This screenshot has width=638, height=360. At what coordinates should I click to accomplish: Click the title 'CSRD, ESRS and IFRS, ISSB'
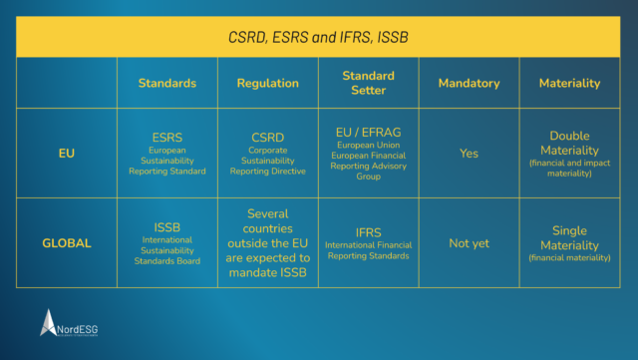coord(319,37)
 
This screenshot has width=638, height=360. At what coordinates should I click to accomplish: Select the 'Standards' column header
coord(166,84)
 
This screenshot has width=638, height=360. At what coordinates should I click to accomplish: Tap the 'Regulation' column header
coord(267,84)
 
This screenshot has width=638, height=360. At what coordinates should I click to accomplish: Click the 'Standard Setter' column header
coord(368,84)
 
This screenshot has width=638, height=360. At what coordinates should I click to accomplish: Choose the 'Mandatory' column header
coord(469,84)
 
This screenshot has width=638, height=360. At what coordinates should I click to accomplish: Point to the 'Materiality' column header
coord(569,84)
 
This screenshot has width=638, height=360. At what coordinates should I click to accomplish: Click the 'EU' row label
coord(67,154)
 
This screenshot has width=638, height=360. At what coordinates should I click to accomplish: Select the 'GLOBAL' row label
coord(67,242)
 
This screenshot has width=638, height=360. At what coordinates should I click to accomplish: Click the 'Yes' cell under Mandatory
coord(469,154)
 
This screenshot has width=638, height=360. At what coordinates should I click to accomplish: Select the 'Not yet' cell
coord(469,243)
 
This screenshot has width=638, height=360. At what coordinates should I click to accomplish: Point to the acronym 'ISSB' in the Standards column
coord(166,226)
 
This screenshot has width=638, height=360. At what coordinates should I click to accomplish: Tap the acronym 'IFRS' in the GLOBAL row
coord(368,231)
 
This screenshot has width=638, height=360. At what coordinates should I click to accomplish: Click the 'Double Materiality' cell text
coord(569,143)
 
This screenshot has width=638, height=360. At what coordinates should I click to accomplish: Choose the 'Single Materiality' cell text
coord(569,237)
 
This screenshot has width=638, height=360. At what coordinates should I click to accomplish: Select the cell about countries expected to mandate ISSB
coord(267,242)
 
